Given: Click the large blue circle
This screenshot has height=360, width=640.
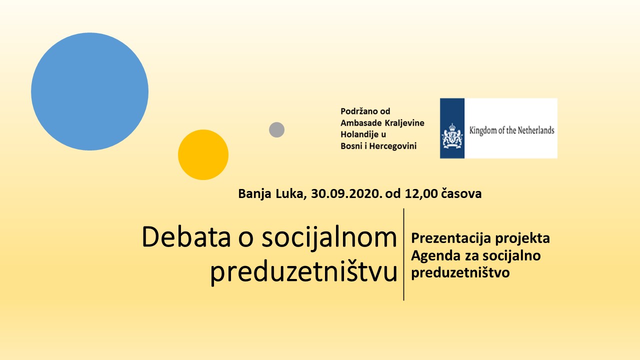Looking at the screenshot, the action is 89,91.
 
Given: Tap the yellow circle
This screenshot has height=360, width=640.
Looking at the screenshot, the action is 203,155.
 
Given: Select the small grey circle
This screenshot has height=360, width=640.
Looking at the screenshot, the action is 276,129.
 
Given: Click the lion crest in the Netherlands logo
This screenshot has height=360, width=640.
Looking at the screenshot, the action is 452,136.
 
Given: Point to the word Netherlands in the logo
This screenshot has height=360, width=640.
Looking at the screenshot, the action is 536,130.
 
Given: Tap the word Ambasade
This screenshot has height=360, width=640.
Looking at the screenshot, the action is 361,123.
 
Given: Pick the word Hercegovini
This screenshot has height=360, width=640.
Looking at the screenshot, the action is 393,146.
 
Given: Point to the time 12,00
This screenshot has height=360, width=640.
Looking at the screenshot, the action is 421,193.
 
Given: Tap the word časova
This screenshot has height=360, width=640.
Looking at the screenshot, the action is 461,193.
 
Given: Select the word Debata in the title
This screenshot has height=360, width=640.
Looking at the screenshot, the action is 186,237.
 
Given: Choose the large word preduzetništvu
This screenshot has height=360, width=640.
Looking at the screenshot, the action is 304,272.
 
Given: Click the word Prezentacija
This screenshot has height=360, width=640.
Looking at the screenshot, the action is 451,238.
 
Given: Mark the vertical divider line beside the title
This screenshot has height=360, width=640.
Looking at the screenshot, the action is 403,254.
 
